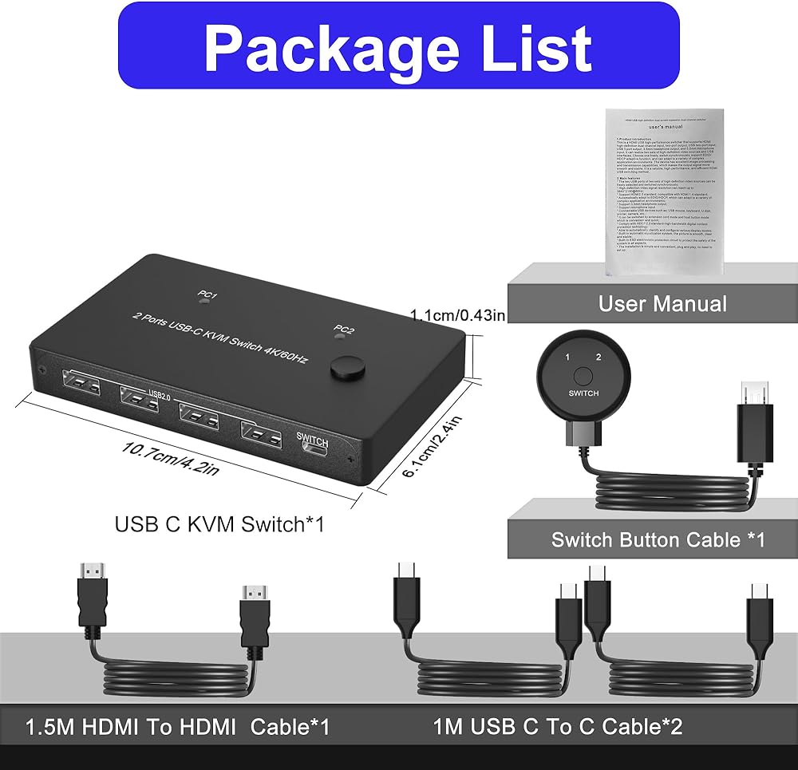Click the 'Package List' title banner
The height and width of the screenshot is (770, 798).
tap(398, 47)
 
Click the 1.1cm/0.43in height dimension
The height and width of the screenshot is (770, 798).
tap(457, 315)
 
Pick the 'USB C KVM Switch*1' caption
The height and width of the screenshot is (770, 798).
tap(219, 524)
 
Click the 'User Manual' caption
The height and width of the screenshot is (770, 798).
tap(652, 304)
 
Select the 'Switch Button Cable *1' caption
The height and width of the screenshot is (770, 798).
tap(658, 539)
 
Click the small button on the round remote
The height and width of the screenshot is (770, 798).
tap(584, 375)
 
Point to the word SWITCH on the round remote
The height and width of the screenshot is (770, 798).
tap(584, 393)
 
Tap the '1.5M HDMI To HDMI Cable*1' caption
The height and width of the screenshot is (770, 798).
tap(177, 727)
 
